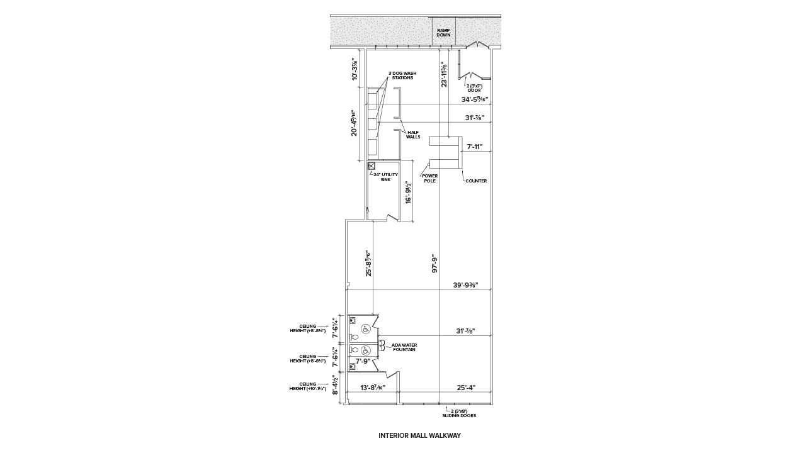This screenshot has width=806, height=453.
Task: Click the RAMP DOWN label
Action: pos(443,33)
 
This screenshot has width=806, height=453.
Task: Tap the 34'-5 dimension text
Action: pos(475,99)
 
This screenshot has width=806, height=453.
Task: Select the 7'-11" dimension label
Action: pos(475,147)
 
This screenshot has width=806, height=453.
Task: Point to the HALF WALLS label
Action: pos(413,135)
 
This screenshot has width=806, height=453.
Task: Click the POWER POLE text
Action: pos(429,179)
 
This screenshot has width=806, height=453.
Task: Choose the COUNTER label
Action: pos(476,181)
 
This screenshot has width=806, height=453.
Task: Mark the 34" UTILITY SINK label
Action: pos(385,177)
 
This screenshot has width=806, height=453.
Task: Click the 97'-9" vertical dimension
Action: pos(434,263)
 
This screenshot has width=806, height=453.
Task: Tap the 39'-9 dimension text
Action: pos(465,285)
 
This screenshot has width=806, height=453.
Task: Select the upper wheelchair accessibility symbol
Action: pos(365,329)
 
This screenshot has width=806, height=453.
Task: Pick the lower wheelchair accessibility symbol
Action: pos(365,350)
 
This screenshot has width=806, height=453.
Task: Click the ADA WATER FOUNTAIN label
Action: pos(404,347)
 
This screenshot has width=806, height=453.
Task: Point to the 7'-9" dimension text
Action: pos(363,362)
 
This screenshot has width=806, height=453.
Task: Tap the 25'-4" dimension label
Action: pos(466,388)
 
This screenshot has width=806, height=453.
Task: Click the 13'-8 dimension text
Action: pos(372,388)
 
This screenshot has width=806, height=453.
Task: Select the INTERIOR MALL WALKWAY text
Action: pos(419,435)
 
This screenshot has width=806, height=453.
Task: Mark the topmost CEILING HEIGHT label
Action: pos(308,328)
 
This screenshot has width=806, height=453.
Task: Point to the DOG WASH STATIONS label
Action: pos(402,75)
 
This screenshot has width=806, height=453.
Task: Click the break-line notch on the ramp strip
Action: pos(477,44)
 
